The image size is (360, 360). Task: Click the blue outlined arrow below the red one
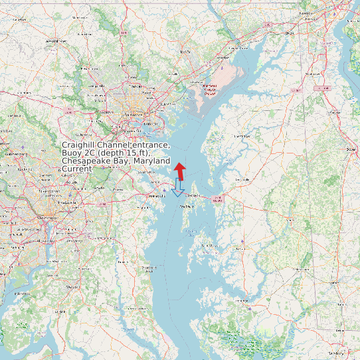point(177,188)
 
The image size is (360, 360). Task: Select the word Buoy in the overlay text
point(72,153)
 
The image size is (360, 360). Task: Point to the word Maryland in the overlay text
point(151,161)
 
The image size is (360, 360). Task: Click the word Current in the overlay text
point(76,169)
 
